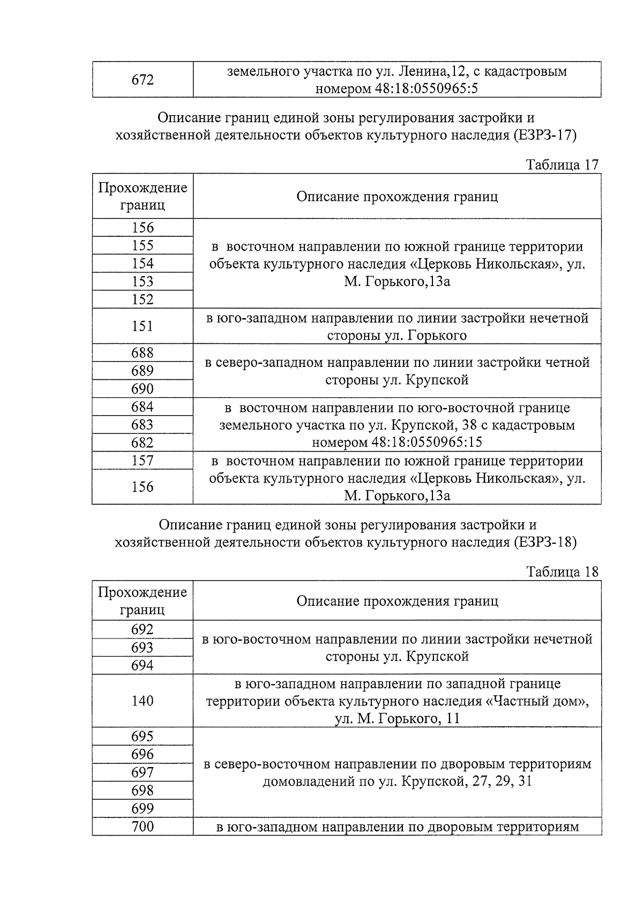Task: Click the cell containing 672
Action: (143, 80)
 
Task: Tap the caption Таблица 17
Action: (562, 164)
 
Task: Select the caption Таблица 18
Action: (562, 572)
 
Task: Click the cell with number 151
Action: (143, 326)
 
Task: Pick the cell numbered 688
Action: (143, 353)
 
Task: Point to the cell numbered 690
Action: (143, 389)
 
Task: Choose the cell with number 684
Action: (143, 407)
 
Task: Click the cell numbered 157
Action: (143, 461)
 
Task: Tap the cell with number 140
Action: (143, 701)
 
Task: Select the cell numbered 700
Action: (143, 827)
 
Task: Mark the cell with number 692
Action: (143, 629)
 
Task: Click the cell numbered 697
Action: (143, 772)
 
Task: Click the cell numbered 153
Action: (143, 282)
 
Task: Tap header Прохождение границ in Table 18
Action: (143, 600)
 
